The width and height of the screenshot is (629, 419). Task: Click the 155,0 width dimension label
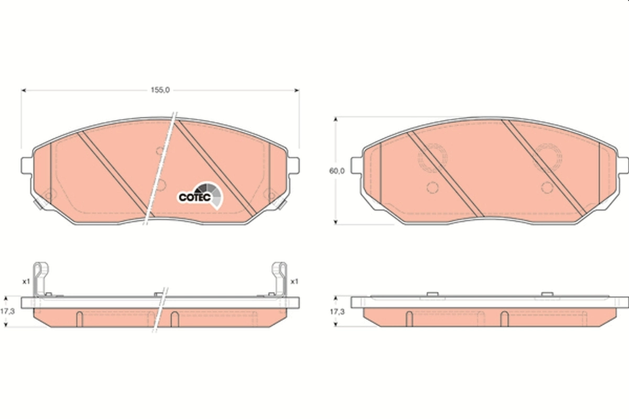(x=160, y=90)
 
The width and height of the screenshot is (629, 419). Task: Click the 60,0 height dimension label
(x=337, y=171)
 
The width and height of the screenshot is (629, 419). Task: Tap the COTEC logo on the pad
(x=200, y=194)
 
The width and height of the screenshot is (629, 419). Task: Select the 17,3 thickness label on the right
(x=337, y=311)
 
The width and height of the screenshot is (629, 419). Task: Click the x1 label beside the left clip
(x=26, y=281)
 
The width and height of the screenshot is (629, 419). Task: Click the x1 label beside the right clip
(x=294, y=281)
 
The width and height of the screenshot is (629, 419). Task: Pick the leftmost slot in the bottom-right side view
(x=409, y=318)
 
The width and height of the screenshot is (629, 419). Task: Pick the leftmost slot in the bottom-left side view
(x=79, y=318)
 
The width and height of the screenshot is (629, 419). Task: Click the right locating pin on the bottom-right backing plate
(x=547, y=294)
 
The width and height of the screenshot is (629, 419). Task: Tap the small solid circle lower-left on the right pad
(x=432, y=188)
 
